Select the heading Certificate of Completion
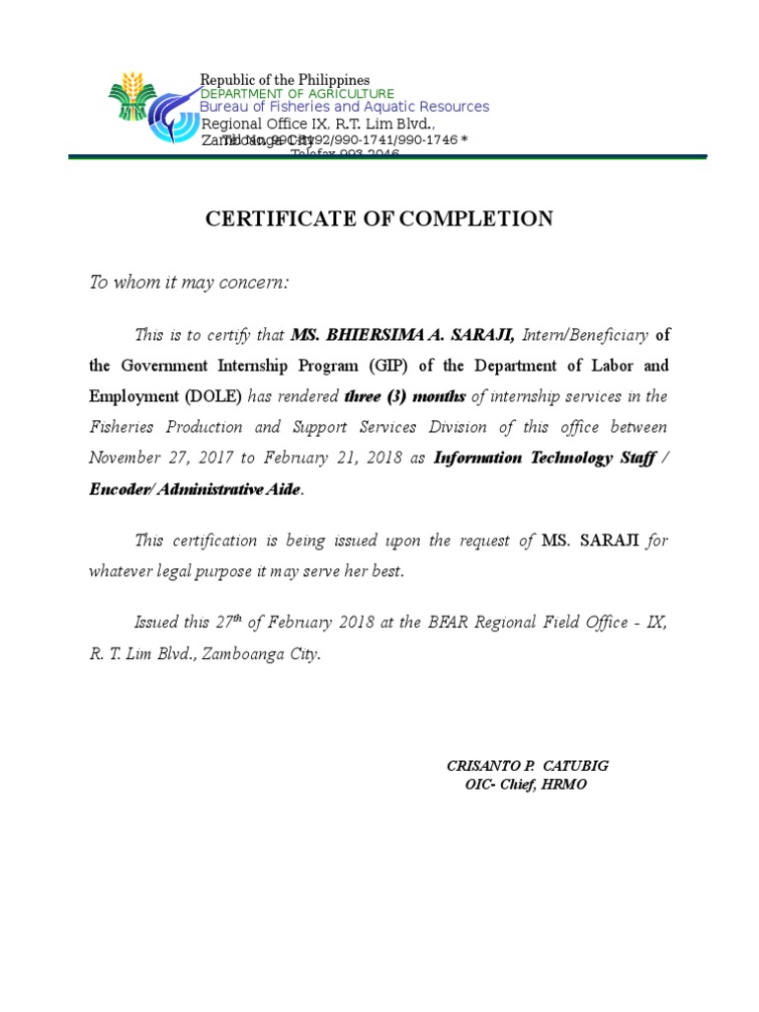(x=379, y=219)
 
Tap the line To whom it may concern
(x=189, y=284)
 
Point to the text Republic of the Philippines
(x=285, y=80)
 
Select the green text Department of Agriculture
(x=297, y=94)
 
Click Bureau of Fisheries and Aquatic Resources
(x=344, y=107)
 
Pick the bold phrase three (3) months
(x=405, y=397)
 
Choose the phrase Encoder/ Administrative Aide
(x=194, y=489)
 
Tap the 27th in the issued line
(x=227, y=623)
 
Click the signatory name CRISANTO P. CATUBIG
(x=535, y=766)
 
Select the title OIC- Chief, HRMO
(x=526, y=785)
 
